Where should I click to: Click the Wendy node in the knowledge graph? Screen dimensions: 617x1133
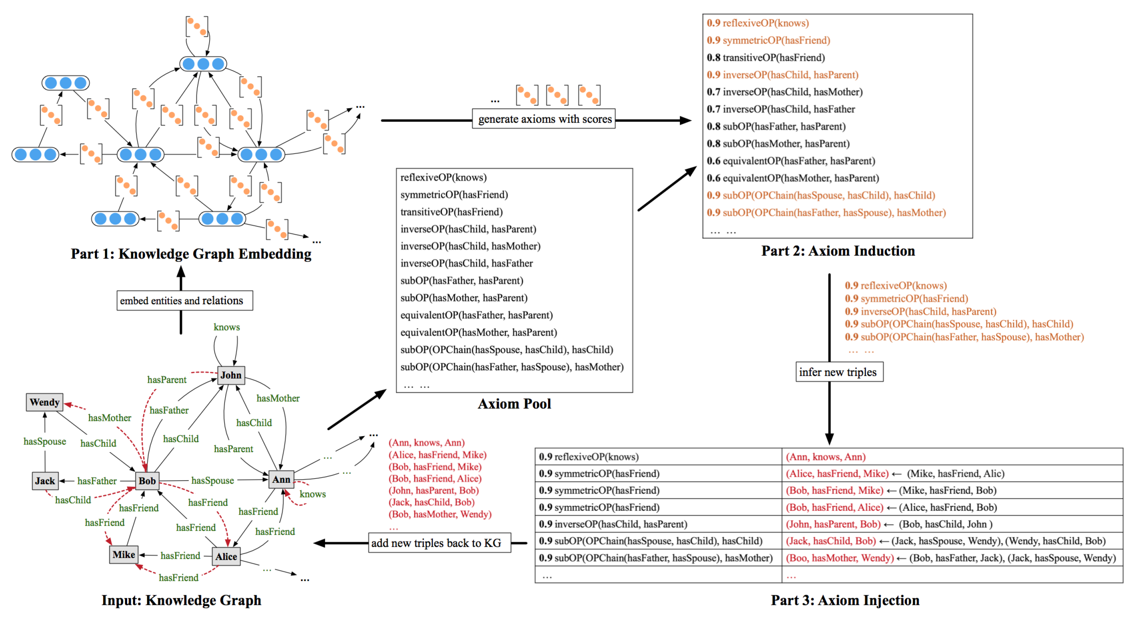45,402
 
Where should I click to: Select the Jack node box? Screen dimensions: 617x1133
45,481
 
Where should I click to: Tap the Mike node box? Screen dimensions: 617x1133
123,554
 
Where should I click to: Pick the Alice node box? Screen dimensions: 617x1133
226,556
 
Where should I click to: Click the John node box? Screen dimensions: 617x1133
231,375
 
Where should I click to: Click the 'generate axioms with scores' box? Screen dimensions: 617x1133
544,119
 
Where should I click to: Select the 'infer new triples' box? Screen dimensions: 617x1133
839,372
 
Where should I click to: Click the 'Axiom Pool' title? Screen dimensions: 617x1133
514,404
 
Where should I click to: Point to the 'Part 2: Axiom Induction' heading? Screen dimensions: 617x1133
838,251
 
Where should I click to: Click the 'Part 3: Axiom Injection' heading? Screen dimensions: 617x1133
844,600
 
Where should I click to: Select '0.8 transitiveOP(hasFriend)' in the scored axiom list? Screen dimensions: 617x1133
766,58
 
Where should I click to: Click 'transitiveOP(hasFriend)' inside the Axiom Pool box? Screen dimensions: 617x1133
451,212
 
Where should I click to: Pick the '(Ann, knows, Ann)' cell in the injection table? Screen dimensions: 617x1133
825,457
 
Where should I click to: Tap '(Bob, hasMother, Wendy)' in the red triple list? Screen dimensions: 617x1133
440,514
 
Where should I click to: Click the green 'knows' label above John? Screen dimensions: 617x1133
227,327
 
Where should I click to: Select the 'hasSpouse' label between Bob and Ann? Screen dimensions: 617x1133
212,480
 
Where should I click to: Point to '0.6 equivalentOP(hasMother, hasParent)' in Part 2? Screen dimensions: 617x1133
793,178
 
